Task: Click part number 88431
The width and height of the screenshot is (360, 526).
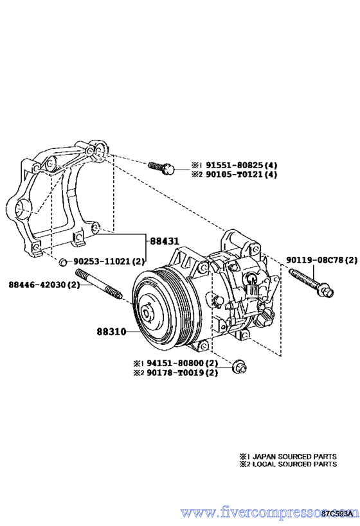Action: [164, 241]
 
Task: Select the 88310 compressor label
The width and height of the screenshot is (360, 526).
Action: [111, 332]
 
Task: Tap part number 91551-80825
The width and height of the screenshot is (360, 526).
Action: [235, 164]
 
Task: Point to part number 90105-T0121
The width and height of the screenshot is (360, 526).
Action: [235, 174]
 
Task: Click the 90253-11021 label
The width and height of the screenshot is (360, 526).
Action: [102, 261]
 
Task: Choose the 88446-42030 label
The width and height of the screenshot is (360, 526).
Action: [37, 285]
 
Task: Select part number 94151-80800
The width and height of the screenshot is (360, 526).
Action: [175, 363]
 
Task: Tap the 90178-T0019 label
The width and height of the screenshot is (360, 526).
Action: [175, 373]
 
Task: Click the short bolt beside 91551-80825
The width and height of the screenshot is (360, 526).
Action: [161, 168]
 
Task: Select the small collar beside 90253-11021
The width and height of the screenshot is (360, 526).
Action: [63, 261]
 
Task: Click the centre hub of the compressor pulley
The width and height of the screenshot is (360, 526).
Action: [147, 313]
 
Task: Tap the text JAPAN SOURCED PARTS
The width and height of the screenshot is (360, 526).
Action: [294, 456]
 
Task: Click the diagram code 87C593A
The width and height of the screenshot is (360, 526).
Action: [337, 513]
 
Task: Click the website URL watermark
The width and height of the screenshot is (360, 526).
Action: [267, 513]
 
